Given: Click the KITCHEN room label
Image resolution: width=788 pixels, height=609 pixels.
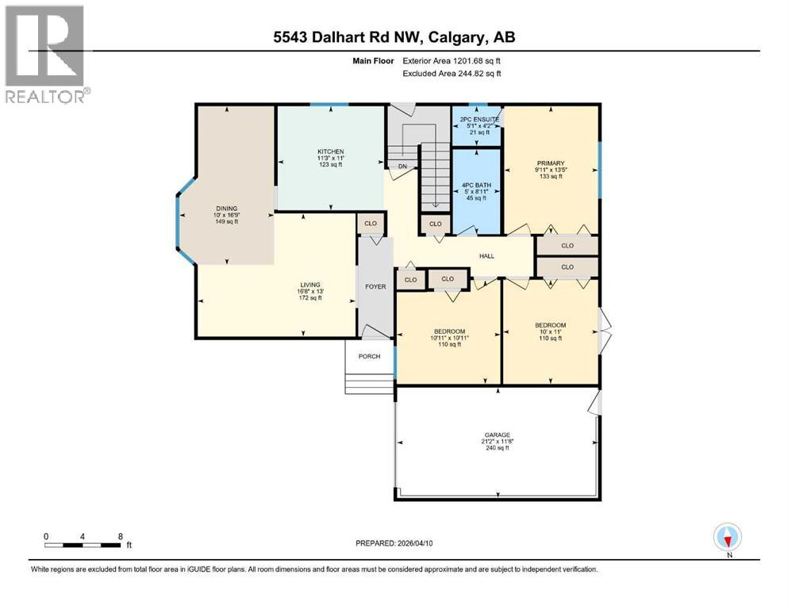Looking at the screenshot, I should (x=330, y=151).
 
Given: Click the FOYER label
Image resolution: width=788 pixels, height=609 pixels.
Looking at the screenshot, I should (x=375, y=286).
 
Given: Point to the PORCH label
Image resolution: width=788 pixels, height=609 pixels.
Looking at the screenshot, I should (x=369, y=356).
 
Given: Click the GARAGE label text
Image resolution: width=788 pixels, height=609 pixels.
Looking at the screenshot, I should (x=496, y=435).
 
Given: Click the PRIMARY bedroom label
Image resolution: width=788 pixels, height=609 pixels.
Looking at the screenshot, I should (x=549, y=163).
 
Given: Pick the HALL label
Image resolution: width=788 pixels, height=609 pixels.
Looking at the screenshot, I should (x=486, y=255).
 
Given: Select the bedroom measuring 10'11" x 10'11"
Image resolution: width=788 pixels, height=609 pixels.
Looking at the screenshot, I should (x=449, y=331).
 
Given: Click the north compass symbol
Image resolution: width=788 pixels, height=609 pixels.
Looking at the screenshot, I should (x=727, y=538).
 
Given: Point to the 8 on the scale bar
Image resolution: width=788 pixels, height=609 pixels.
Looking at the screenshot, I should (x=120, y=535).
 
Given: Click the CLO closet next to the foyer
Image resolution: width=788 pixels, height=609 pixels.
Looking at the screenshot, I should (x=370, y=224).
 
